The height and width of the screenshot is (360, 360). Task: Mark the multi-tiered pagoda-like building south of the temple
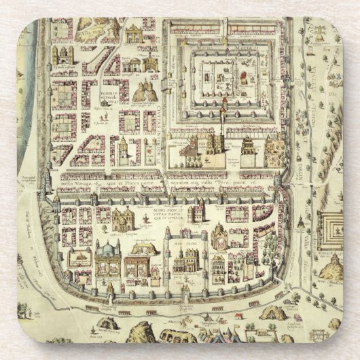coord(249,149)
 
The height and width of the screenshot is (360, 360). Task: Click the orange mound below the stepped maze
coord(331,268)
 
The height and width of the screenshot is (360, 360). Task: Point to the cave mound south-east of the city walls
coord(272,312)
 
